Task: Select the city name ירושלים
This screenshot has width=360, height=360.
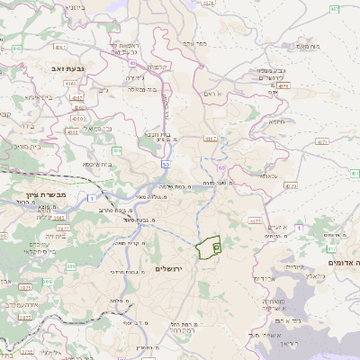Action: pyautogui.click(x=168, y=269)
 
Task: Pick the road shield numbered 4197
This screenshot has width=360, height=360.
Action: pyautogui.click(x=211, y=139)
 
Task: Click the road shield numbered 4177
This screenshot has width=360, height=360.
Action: pyautogui.click(x=256, y=219)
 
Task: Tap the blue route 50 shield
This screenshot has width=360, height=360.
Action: pyautogui.click(x=166, y=165)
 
